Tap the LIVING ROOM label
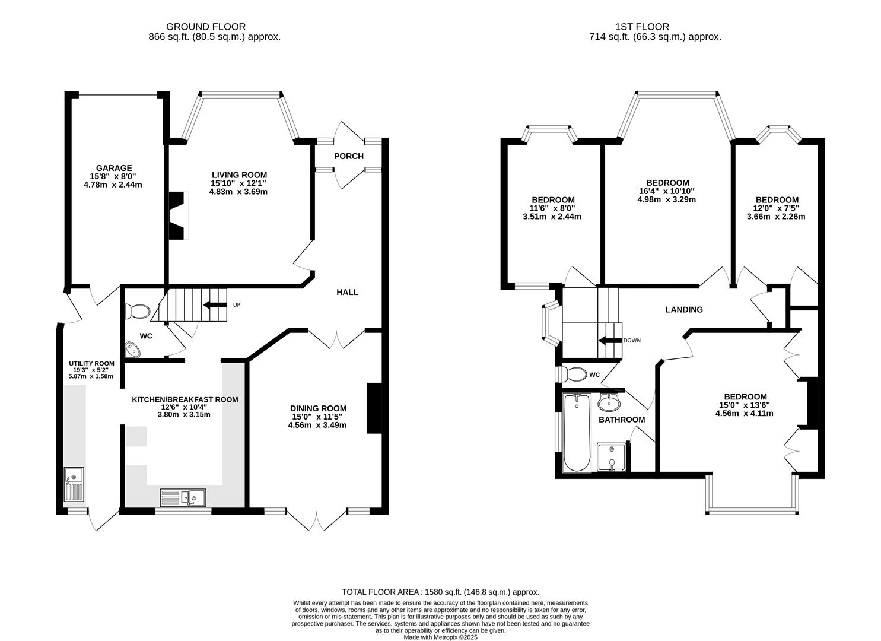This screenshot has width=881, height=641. (x=239, y=175)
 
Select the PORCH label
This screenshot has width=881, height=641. (x=348, y=156)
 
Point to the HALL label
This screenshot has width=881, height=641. (x=347, y=292)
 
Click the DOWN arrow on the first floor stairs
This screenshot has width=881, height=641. (x=609, y=341)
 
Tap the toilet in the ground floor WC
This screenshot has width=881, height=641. (x=139, y=310)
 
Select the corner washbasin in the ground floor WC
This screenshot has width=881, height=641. (x=133, y=351)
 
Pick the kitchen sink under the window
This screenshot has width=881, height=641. (x=183, y=497)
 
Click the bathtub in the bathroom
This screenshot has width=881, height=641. (x=575, y=432)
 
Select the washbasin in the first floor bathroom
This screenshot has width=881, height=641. (x=609, y=404)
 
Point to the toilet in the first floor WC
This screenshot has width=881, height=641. (x=575, y=375)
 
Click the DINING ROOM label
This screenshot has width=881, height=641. (x=318, y=408)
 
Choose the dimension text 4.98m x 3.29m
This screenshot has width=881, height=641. (x=667, y=199)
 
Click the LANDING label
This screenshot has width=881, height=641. (x=683, y=310)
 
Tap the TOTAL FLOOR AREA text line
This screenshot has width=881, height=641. (x=440, y=592)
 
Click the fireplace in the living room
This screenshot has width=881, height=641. (x=177, y=215)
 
